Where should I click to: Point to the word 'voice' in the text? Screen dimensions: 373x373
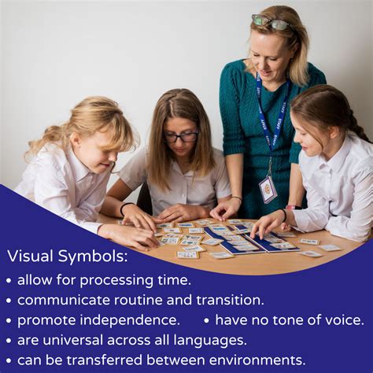(x=343, y=320)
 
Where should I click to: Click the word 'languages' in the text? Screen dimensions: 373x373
(x=209, y=340)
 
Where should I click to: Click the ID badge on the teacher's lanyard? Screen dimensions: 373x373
(x=268, y=189)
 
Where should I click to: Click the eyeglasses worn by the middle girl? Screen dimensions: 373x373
(x=181, y=137)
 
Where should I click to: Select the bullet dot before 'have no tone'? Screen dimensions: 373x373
(x=206, y=321)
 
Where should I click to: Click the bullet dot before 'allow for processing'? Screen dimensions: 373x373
(x=9, y=280)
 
